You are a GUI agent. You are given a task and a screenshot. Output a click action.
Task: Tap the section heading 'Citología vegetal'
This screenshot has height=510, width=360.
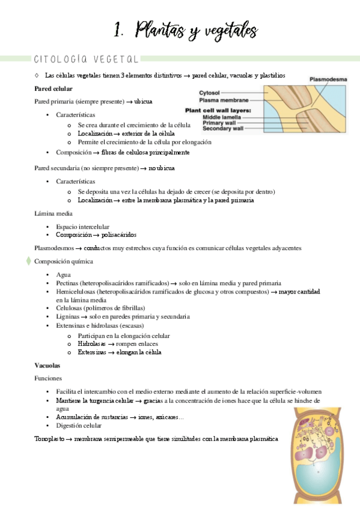(x=87, y=59)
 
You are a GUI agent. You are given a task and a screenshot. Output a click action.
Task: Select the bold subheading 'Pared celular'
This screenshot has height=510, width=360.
(x=53, y=88)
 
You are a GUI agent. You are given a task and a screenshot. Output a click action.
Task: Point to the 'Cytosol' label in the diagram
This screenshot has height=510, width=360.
(x=209, y=93)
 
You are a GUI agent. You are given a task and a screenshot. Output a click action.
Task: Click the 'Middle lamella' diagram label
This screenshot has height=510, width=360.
(x=222, y=117)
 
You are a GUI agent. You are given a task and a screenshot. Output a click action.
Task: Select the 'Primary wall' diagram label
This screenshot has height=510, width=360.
(x=220, y=123)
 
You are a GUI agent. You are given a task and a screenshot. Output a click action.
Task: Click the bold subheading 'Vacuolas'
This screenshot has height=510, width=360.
(x=47, y=365)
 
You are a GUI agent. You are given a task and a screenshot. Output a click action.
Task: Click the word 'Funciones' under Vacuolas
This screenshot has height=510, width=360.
(x=49, y=378)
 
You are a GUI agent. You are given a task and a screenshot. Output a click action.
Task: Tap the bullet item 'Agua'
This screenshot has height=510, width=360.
(x=63, y=274)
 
